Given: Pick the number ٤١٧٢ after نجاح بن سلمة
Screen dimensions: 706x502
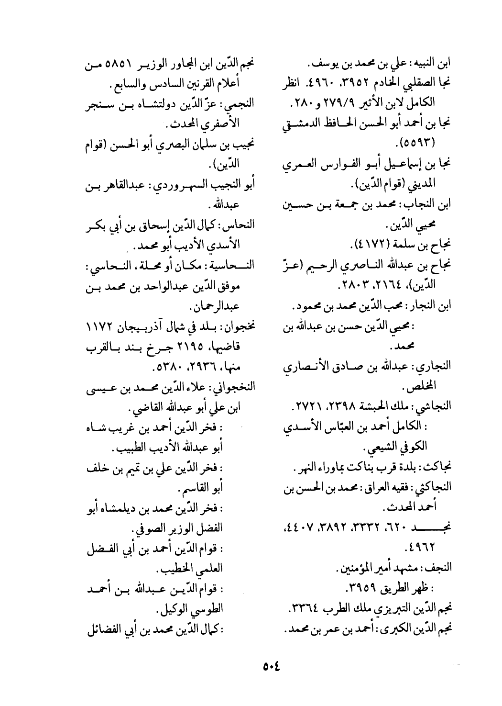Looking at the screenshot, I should click(370, 247).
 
